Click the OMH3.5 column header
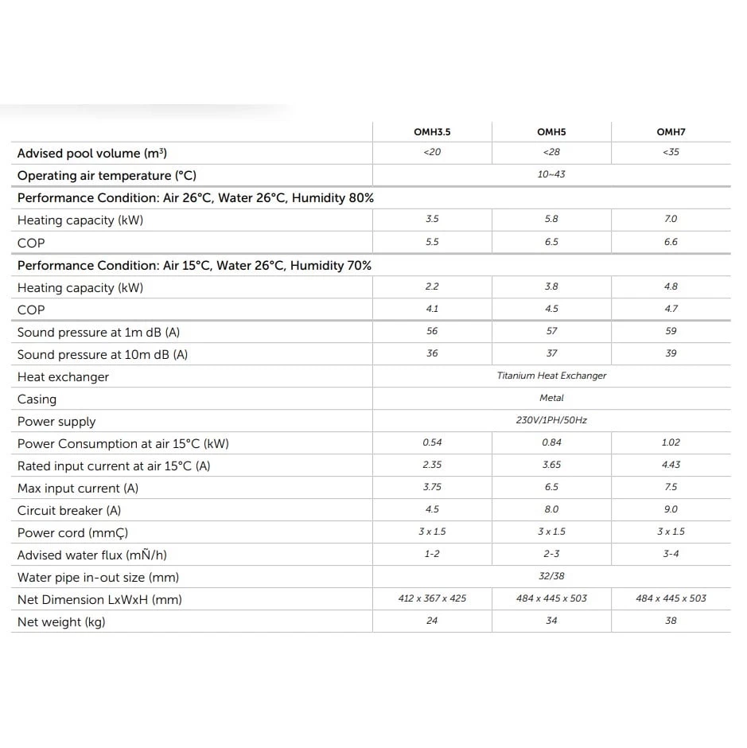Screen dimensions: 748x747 point(432,132)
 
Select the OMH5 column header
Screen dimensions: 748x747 point(551,132)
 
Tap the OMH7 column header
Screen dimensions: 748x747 point(671,132)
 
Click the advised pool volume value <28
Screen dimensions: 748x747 point(551,152)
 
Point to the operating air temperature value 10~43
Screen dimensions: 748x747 point(551,174)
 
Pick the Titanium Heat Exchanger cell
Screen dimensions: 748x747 point(551,376)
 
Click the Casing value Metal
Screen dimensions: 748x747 point(551,398)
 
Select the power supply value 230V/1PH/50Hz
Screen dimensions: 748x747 point(551,420)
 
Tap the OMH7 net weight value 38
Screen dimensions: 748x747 point(671,621)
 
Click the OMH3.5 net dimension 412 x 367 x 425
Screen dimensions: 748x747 point(432,598)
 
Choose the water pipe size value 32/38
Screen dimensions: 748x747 point(551,576)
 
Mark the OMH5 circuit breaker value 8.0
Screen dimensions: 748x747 point(551,509)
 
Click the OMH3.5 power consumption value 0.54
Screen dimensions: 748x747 point(432,442)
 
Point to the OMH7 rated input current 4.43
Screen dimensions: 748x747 point(671,465)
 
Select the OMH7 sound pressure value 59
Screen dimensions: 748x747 point(671,331)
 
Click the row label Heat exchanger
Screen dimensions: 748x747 point(63,377)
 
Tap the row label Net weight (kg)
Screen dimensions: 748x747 point(61,622)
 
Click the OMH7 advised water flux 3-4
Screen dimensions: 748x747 point(671,554)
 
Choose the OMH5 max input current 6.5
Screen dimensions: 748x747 point(551,487)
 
